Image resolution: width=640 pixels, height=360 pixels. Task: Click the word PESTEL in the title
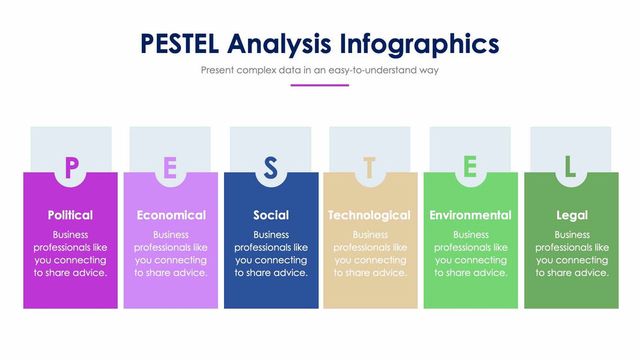coord(180,44)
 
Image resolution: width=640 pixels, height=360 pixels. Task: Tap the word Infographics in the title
coord(419,45)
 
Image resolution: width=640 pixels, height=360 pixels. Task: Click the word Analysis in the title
coord(280,45)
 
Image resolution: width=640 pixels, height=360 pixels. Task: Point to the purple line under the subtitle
coord(319,86)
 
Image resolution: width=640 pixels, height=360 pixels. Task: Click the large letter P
coord(71,167)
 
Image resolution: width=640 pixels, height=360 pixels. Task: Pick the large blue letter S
coord(270,168)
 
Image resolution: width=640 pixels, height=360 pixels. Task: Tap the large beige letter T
coord(370,167)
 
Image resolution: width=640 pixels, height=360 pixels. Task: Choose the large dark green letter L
coord(569,167)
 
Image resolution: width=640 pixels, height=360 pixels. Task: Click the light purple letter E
coord(170,167)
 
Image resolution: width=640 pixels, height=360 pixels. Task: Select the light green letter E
coord(470,167)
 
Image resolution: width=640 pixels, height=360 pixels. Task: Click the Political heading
coord(71,215)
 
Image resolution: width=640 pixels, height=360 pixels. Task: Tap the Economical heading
coord(171,215)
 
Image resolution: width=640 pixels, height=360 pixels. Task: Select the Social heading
coord(271,215)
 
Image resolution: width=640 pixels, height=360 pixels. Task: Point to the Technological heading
coord(370,216)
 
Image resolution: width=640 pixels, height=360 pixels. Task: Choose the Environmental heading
coord(470,215)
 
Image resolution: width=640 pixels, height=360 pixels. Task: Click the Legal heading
coord(572,216)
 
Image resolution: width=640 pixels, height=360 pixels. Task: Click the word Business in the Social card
coord(271,235)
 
